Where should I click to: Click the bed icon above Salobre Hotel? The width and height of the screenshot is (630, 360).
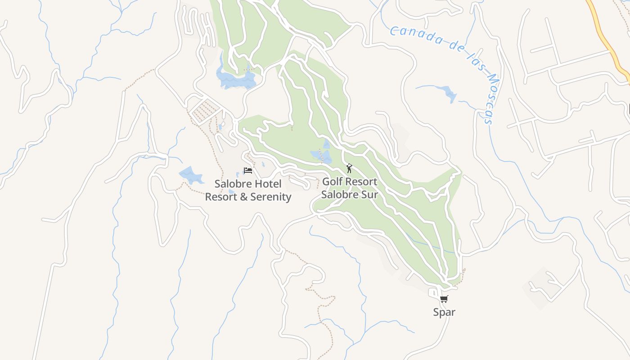pyautogui.click(x=247, y=171)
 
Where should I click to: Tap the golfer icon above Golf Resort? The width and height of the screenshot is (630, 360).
pyautogui.click(x=349, y=168)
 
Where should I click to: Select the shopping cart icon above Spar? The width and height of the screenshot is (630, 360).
pyautogui.click(x=444, y=299)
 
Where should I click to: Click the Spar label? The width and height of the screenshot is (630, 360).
pyautogui.click(x=444, y=312)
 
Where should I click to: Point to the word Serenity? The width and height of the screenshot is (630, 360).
pyautogui.click(x=270, y=197)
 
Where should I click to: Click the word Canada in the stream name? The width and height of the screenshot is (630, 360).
pyautogui.click(x=414, y=36)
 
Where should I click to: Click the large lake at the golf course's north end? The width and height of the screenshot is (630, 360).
pyautogui.click(x=234, y=79)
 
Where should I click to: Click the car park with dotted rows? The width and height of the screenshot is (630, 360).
pyautogui.click(x=205, y=110)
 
